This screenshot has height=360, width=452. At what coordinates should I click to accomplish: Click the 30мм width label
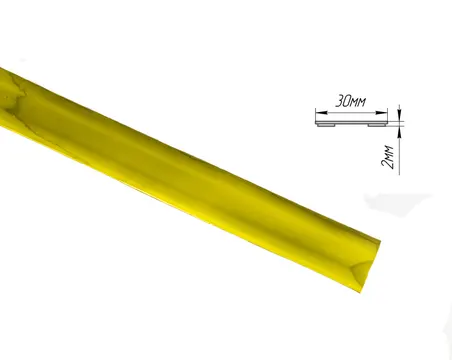pos(350,101)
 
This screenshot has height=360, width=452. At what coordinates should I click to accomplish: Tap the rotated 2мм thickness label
pos(388,157)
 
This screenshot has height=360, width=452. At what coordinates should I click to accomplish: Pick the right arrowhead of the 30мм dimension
pos(382,113)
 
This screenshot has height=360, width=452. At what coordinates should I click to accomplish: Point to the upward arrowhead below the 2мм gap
pos(399,131)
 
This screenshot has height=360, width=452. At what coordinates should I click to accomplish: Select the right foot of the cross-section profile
pos(377,125)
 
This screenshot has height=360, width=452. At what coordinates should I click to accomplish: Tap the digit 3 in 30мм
pos(339,101)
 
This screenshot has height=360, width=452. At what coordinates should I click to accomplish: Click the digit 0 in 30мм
pos(347,101)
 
